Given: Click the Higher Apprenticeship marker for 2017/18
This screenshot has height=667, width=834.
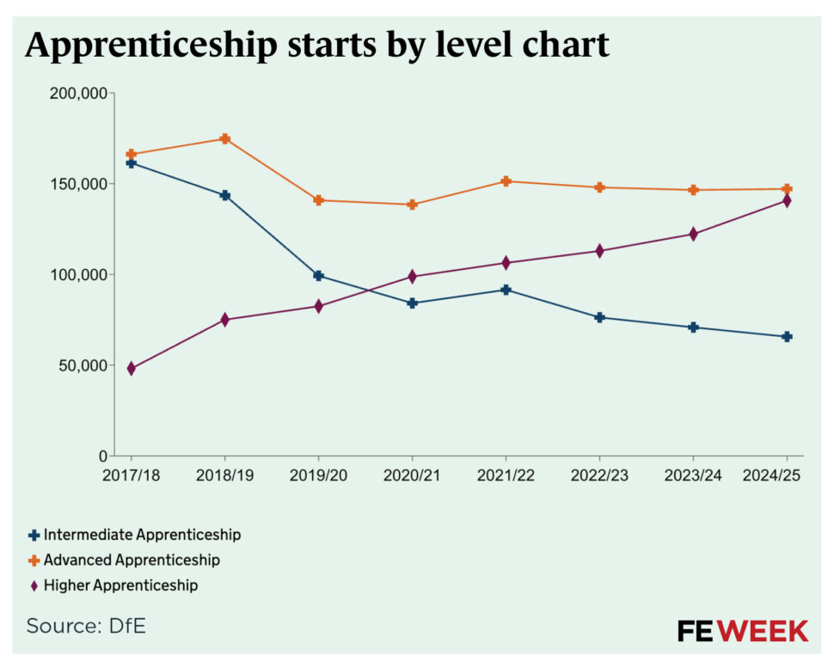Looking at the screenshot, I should [131, 369].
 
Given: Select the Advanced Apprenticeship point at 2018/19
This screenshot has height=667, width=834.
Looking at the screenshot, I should [224, 138].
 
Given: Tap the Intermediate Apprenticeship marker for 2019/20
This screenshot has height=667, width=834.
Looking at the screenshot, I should [318, 276].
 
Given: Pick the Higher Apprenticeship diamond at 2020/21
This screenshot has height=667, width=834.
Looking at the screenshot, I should [412, 277].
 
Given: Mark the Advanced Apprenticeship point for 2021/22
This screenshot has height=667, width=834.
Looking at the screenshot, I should [506, 181].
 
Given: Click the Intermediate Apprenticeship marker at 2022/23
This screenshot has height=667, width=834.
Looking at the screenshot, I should [599, 317].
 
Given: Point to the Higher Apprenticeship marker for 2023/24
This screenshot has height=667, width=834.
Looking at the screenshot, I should [693, 234].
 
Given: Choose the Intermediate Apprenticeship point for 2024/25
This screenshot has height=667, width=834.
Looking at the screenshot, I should [786, 337].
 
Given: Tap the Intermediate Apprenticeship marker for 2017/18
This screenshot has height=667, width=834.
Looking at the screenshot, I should [131, 162].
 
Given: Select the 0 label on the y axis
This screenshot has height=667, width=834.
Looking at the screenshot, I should [101, 456].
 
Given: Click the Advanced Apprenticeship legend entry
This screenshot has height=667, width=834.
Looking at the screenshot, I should [124, 560].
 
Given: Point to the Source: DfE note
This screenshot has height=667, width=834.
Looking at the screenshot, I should [86, 626].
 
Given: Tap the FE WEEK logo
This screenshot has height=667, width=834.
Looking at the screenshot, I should [742, 630].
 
